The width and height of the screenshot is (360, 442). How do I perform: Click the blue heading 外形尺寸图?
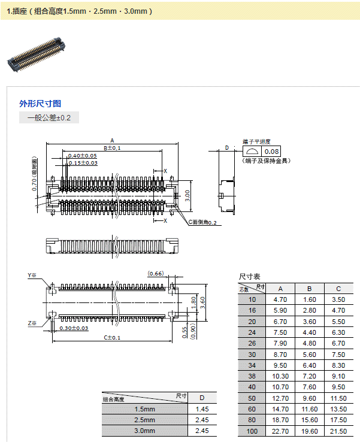pyautogui.click(x=40, y=104)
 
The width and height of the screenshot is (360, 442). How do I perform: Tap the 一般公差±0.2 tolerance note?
pyautogui.click(x=49, y=118)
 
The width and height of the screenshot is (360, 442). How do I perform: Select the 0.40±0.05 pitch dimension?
pyautogui.click(x=82, y=156)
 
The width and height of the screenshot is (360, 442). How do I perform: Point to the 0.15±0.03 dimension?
pyautogui.click(x=82, y=163)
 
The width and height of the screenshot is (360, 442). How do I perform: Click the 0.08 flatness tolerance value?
pyautogui.click(x=271, y=152)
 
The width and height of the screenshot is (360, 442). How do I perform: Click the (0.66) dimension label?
pyautogui.click(x=156, y=274)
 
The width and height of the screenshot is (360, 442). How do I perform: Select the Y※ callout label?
pyautogui.click(x=32, y=276)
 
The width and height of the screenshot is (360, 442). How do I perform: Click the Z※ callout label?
pyautogui.click(x=32, y=323)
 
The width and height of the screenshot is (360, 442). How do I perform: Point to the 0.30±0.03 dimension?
pyautogui.click(x=74, y=328)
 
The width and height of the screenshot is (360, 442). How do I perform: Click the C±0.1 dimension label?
pyautogui.click(x=113, y=338)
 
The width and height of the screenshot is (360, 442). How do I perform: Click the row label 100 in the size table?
pyautogui.click(x=252, y=431)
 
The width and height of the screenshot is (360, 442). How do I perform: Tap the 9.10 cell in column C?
pyautogui.click(x=338, y=376)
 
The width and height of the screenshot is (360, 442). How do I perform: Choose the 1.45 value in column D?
pyautogui.click(x=202, y=409)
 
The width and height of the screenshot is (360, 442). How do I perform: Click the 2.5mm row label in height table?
pyautogui.click(x=144, y=420)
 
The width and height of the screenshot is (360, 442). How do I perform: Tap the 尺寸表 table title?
pyautogui.click(x=250, y=277)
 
